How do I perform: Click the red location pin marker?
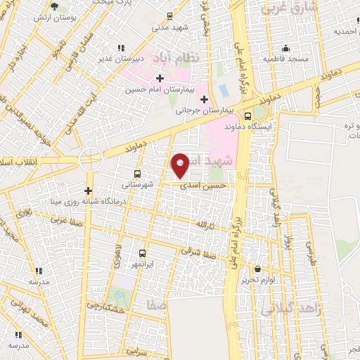point(181,165)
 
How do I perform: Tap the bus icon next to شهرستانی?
point(136,174)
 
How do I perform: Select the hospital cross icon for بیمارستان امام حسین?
point(160,78)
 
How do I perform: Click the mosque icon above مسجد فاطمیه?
point(286,49)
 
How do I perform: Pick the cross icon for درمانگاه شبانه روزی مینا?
point(88,191)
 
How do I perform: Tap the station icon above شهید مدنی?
point(169,15)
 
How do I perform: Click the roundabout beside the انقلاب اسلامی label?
point(90,157)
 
